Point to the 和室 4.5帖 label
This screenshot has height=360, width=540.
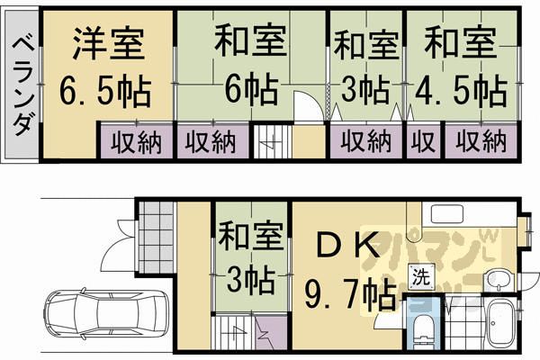pos(460,66)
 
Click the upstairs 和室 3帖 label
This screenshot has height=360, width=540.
pos(366,66)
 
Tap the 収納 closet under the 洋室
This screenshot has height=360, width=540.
pos(135,141)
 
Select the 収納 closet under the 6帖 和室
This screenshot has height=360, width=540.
pos(211,141)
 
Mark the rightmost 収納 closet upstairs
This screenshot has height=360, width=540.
pos(480,141)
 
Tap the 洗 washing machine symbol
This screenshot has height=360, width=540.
pos(419,278)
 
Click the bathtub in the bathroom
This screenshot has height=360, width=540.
pos(499,327)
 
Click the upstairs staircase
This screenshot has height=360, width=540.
pos(268,142)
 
